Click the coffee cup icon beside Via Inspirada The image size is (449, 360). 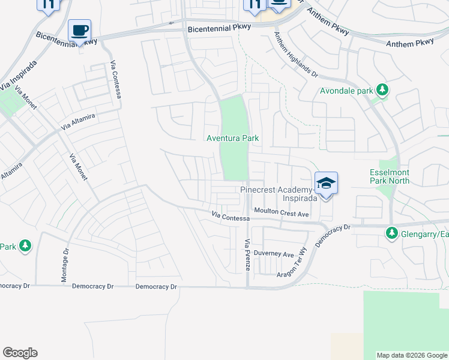[79, 30]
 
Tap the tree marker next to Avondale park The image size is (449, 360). [382, 91]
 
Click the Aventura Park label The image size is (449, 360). [233, 138]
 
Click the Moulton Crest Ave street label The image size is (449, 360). [281, 212]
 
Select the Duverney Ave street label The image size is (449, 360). [273, 253]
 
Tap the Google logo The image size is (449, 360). [20, 353]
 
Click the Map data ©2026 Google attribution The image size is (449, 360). [411, 355]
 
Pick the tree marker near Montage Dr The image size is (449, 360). [25, 245]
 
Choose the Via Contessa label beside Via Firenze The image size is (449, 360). [231, 216]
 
